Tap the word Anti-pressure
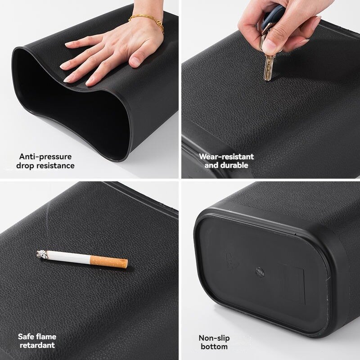point(45,157)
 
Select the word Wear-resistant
point(226,157)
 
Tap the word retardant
point(36,345)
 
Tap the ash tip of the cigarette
point(42,254)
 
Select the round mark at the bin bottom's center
point(260,271)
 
